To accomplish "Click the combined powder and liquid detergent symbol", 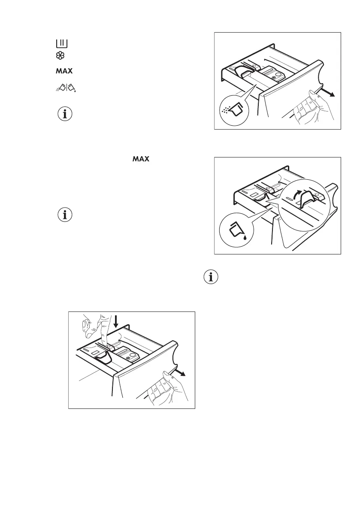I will (x=65, y=88).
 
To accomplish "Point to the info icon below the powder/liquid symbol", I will (x=65, y=115).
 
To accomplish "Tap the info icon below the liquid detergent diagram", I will (x=210, y=278).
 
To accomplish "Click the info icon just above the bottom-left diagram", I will (x=65, y=215).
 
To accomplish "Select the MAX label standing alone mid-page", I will (x=140, y=159).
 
